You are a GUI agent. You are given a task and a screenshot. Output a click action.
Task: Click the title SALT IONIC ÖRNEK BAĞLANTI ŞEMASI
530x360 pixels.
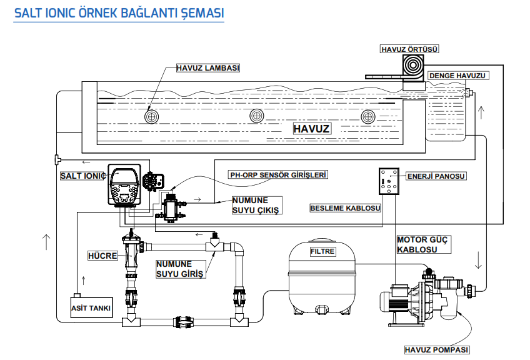(x=119, y=14)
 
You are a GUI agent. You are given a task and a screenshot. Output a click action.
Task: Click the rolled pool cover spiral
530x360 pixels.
(x=412, y=66)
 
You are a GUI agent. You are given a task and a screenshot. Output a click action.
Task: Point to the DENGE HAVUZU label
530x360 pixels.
(x=457, y=76)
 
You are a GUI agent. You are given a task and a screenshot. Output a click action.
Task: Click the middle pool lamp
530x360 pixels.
(x=257, y=116)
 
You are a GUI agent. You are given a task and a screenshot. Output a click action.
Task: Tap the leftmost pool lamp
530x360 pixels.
(x=151, y=116)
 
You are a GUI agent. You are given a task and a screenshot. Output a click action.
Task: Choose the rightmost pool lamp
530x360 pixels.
(x=368, y=116)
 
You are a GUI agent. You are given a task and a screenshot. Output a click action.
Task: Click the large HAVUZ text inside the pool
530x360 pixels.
(x=311, y=129)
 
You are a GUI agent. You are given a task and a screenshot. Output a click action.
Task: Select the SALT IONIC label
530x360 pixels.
(x=82, y=176)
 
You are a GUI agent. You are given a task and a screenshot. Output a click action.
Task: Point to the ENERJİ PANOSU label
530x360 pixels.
(x=437, y=176)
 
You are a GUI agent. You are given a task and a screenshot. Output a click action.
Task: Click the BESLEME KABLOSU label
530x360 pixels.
(x=346, y=207)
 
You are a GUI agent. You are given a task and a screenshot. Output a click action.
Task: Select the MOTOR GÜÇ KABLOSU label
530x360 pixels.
(x=422, y=244)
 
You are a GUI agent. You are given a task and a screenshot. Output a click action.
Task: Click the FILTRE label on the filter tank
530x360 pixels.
(x=322, y=252)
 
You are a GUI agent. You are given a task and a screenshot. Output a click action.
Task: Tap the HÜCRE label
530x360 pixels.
(x=102, y=256)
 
